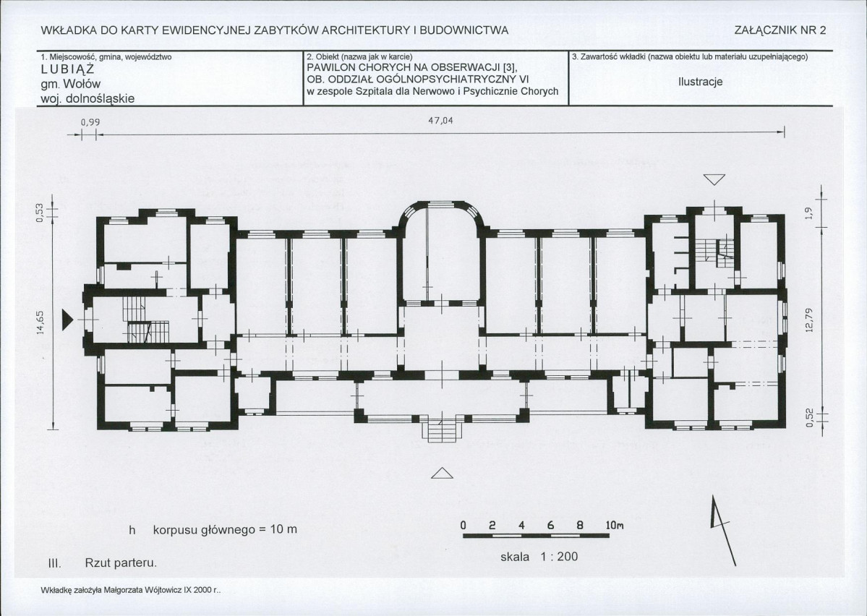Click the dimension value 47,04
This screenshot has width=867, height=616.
(x=440, y=121)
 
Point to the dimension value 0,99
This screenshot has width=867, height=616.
(x=90, y=121)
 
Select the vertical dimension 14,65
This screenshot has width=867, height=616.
(x=39, y=322)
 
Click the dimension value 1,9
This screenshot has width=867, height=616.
(x=808, y=213)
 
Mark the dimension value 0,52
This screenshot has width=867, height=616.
(x=809, y=417)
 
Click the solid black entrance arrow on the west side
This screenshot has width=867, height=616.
(x=67, y=320)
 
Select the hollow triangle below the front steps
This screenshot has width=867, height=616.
(x=442, y=473)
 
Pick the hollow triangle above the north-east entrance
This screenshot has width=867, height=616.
(x=714, y=180)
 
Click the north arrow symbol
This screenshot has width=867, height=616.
(x=722, y=530)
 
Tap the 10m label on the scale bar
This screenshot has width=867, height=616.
(x=614, y=526)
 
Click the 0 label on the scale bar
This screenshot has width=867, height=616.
(x=464, y=526)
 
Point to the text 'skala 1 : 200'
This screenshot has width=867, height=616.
(x=539, y=556)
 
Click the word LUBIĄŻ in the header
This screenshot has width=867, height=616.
(x=67, y=69)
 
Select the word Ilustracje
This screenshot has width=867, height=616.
(x=701, y=82)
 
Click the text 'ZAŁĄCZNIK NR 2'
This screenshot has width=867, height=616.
(x=780, y=30)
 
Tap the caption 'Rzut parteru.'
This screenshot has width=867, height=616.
(x=121, y=563)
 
